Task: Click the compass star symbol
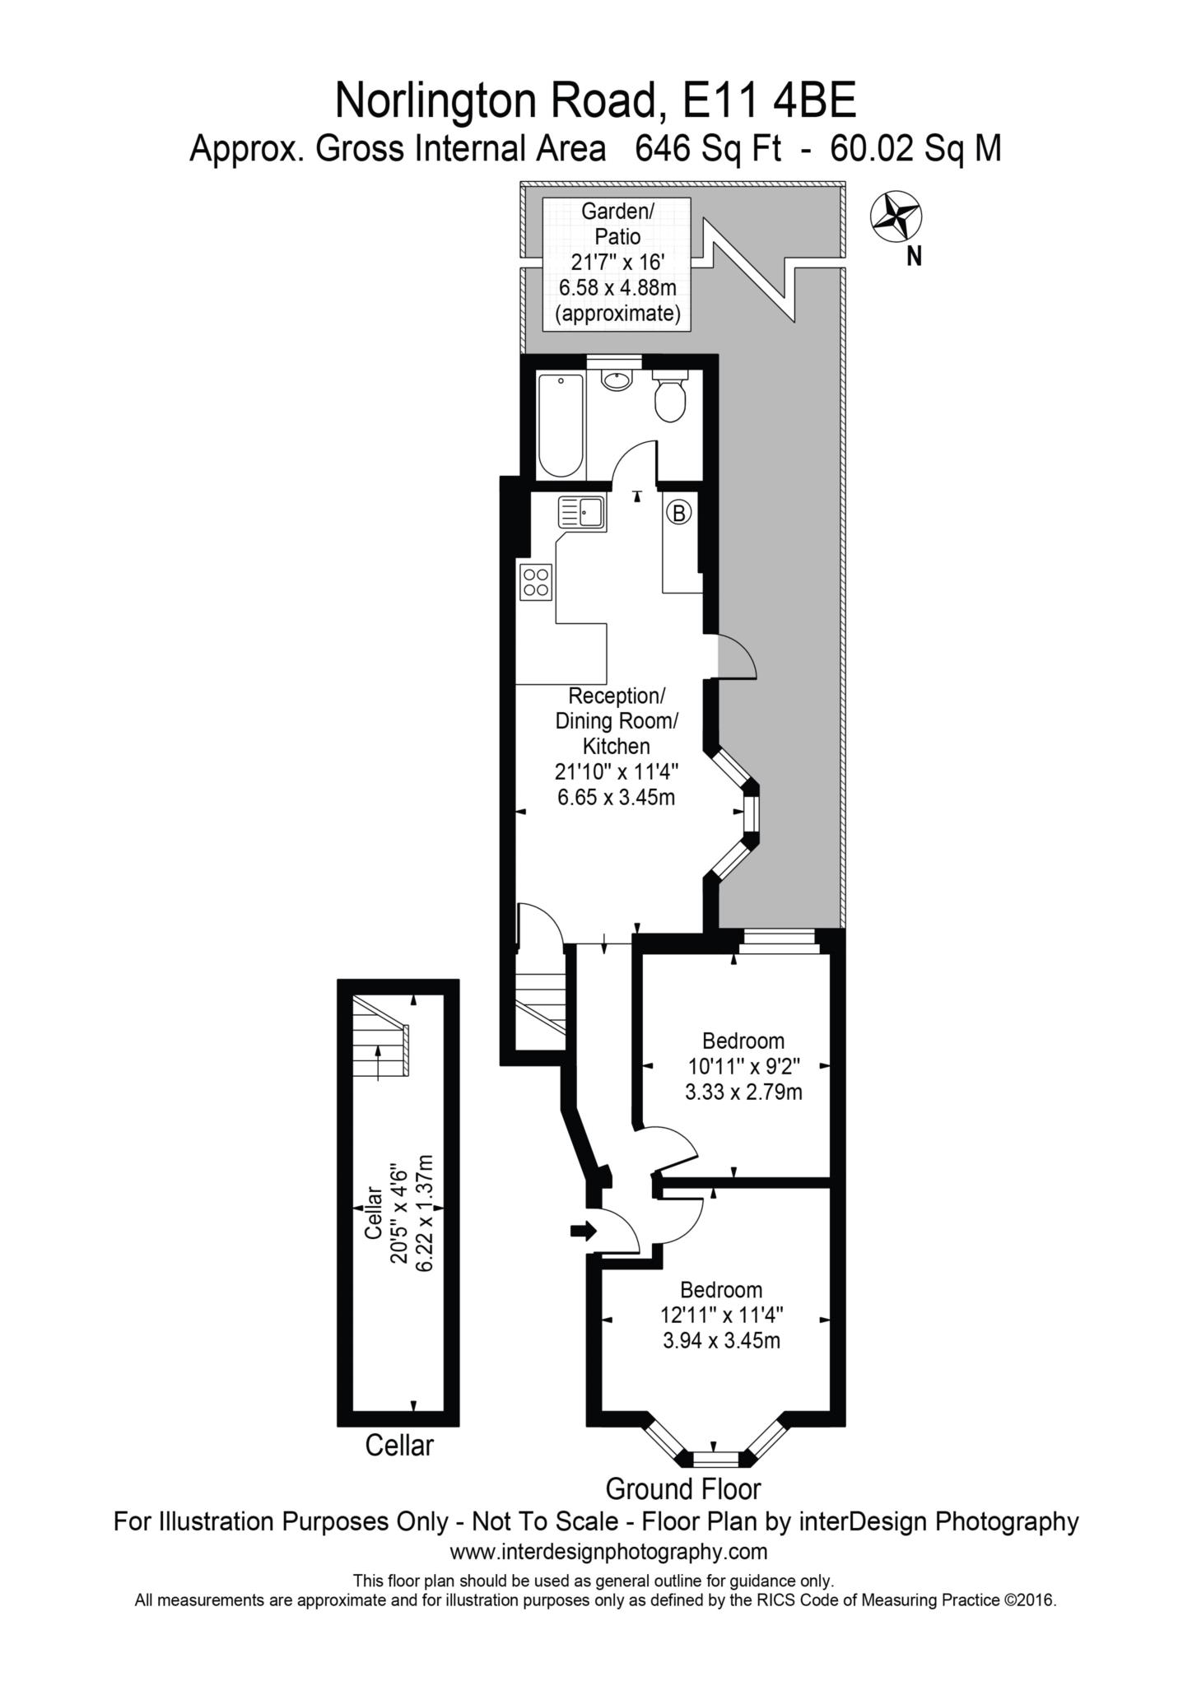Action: (896, 217)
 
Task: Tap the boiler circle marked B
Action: (678, 513)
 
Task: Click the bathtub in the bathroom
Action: (560, 425)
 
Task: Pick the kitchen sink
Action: (581, 512)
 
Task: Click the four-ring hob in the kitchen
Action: (535, 582)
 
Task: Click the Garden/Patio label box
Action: (618, 263)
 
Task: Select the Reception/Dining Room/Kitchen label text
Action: (617, 721)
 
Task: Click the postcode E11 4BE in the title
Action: (770, 102)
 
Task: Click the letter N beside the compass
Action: (914, 257)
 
